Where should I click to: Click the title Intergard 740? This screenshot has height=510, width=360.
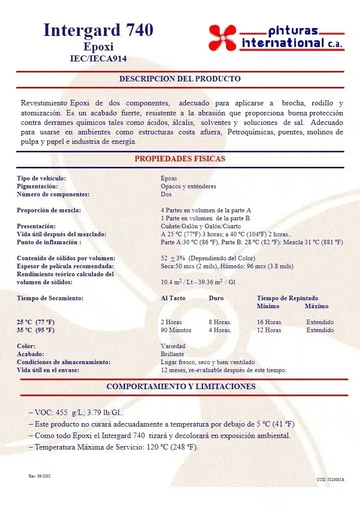click(x=98, y=30)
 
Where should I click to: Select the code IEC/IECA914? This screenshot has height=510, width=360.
click(x=98, y=58)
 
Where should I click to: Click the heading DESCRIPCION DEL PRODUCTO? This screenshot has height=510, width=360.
click(x=179, y=79)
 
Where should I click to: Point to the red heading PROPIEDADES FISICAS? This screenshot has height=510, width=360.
click(x=179, y=159)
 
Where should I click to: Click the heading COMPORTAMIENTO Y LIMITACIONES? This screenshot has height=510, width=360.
click(x=180, y=387)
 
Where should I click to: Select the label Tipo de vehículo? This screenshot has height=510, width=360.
click(x=41, y=178)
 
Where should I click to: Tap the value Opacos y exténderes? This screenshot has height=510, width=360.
click(x=188, y=186)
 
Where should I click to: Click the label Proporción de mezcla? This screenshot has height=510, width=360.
click(x=49, y=210)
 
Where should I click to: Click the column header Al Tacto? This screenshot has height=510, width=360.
click(x=173, y=298)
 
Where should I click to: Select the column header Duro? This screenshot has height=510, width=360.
click(x=216, y=298)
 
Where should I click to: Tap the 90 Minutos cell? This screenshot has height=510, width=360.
click(x=176, y=330)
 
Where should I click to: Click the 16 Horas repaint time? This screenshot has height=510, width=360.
click(x=269, y=322)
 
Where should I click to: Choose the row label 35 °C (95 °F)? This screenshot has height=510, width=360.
click(x=36, y=330)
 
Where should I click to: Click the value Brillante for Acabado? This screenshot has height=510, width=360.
click(x=172, y=354)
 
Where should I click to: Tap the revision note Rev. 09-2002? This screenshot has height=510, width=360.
click(x=39, y=476)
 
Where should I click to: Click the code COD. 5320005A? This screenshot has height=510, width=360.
click(x=330, y=480)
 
